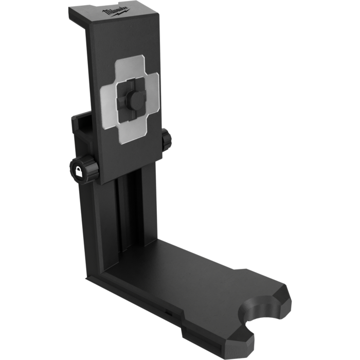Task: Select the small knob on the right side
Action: pos(166,140)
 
